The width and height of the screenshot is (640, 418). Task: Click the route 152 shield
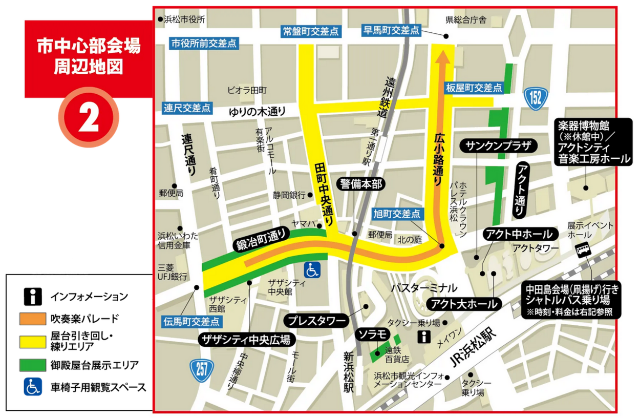tap(536, 97)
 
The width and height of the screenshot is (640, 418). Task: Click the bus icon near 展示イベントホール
tap(583, 251)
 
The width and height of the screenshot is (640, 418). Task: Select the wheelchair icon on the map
tap(313, 268)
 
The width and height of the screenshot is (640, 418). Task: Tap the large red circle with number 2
tap(89, 120)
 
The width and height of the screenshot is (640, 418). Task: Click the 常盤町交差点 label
tap(311, 31)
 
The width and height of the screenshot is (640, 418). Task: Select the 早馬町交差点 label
tap(391, 30)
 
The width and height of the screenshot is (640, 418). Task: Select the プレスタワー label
tap(316, 321)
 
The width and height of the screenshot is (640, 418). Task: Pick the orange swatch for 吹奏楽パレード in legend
tap(33, 318)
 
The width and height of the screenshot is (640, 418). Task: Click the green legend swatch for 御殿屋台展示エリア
tap(33, 365)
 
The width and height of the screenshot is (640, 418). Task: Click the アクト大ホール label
tap(463, 303)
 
